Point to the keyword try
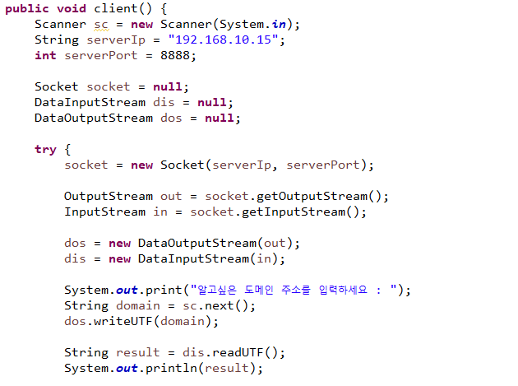point(45,149)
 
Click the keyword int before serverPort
point(45,55)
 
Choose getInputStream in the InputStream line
point(301,212)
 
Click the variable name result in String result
point(137,352)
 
